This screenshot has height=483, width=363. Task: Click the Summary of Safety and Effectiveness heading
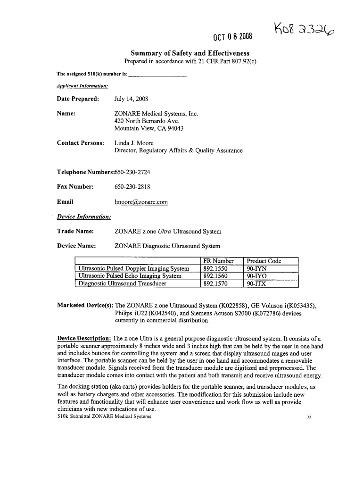click(x=190, y=54)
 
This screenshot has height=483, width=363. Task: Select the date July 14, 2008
click(x=131, y=99)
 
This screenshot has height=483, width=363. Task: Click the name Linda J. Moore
click(x=134, y=143)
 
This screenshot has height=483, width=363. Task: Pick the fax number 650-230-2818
click(x=132, y=187)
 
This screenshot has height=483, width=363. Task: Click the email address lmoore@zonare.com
click(x=141, y=202)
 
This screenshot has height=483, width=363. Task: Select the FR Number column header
click(x=218, y=261)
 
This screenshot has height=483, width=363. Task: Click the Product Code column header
click(x=264, y=261)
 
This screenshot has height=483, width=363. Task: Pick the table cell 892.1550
click(x=215, y=269)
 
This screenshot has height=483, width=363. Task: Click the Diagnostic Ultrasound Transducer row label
click(x=123, y=284)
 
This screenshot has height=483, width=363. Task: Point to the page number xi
click(x=310, y=416)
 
